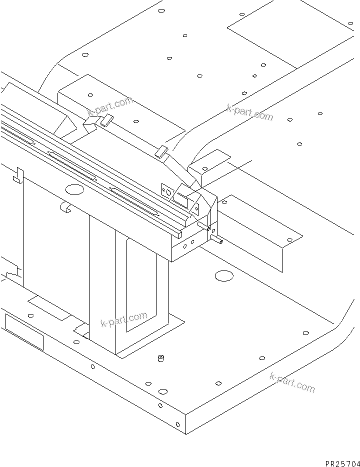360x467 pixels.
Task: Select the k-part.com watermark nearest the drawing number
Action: pos(292,382)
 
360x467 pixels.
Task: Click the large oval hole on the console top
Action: pos(74,189)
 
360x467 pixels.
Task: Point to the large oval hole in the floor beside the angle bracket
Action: pos(224,275)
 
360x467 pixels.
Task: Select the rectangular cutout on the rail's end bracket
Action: pos(180,199)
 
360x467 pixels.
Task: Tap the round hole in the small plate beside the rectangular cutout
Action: pos(168,190)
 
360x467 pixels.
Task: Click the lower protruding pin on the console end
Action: pos(217,241)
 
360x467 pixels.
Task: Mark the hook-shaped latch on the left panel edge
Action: pos(18,174)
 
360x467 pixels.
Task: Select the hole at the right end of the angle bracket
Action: pos(289,240)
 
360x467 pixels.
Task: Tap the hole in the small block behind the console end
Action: pos(204,168)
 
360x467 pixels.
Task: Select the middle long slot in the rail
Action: pos(72,165)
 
